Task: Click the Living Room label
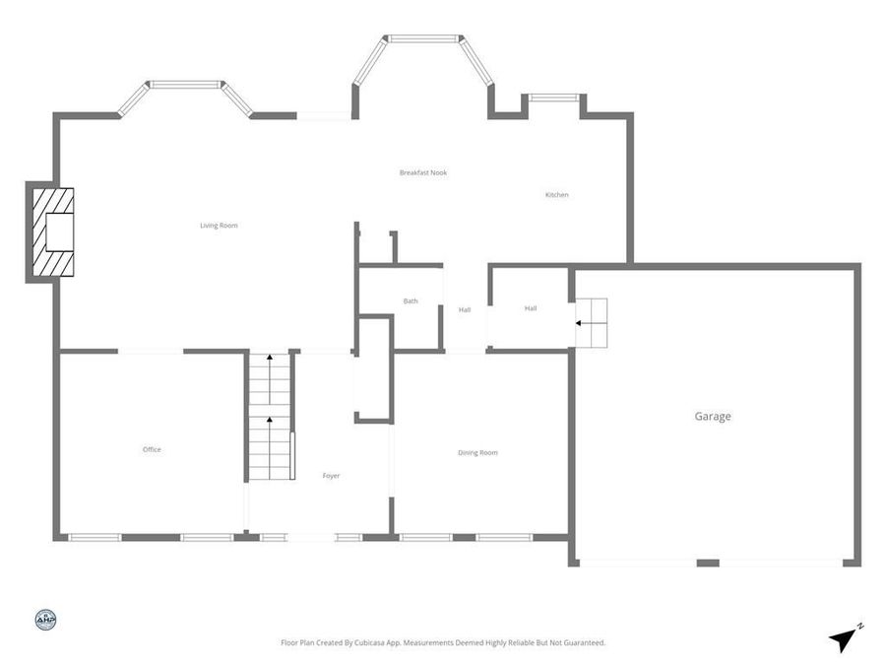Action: point(219,226)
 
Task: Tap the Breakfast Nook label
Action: point(423,172)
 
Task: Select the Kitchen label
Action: point(557,195)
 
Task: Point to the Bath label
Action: point(411,300)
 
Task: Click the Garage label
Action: point(713,417)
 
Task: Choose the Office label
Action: point(152,450)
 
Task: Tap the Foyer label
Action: point(331,476)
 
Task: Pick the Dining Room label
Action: point(477,453)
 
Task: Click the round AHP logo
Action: point(45,620)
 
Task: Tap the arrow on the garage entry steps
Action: point(581,322)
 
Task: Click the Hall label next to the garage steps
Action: point(531,308)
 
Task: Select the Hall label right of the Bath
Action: point(465,310)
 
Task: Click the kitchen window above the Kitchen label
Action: point(552,98)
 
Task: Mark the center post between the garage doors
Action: point(707,563)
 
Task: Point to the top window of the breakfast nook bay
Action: point(423,39)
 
